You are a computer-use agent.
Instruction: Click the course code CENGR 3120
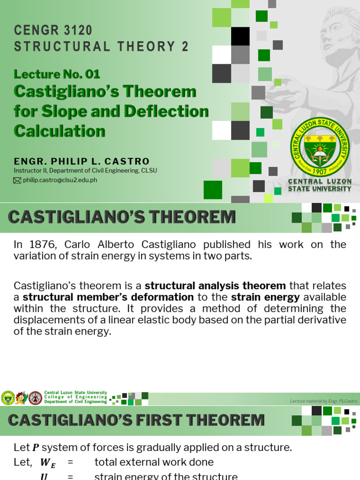53,30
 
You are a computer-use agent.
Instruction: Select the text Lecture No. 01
57,74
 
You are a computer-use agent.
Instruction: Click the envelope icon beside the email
17,180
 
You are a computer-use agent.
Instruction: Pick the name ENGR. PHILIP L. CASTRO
82,161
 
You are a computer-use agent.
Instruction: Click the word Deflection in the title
166,112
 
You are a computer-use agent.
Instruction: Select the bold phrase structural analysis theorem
215,285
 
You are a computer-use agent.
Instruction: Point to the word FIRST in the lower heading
161,420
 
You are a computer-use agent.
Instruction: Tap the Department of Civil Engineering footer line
75,402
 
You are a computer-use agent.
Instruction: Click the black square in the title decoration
240,36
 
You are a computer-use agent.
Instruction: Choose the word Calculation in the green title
60,131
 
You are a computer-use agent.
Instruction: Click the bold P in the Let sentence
35,448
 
